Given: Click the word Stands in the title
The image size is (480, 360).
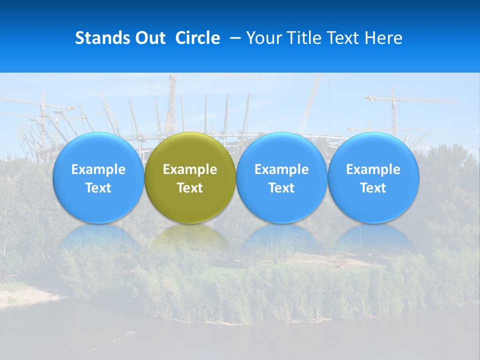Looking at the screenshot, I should pos(102,38).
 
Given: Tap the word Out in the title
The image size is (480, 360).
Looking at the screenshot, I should pos(149,38).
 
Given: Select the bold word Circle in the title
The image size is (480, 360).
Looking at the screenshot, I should pos(197,38).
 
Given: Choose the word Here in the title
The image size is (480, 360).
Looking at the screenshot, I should pos(384,38).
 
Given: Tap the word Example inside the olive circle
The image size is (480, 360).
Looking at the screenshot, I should pos(190,169).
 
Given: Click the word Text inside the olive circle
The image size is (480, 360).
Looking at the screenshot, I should pos(190,188).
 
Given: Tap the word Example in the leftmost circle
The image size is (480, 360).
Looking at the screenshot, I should pos(98,169).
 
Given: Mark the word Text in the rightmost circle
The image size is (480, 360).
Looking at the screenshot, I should pos(373,188).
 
